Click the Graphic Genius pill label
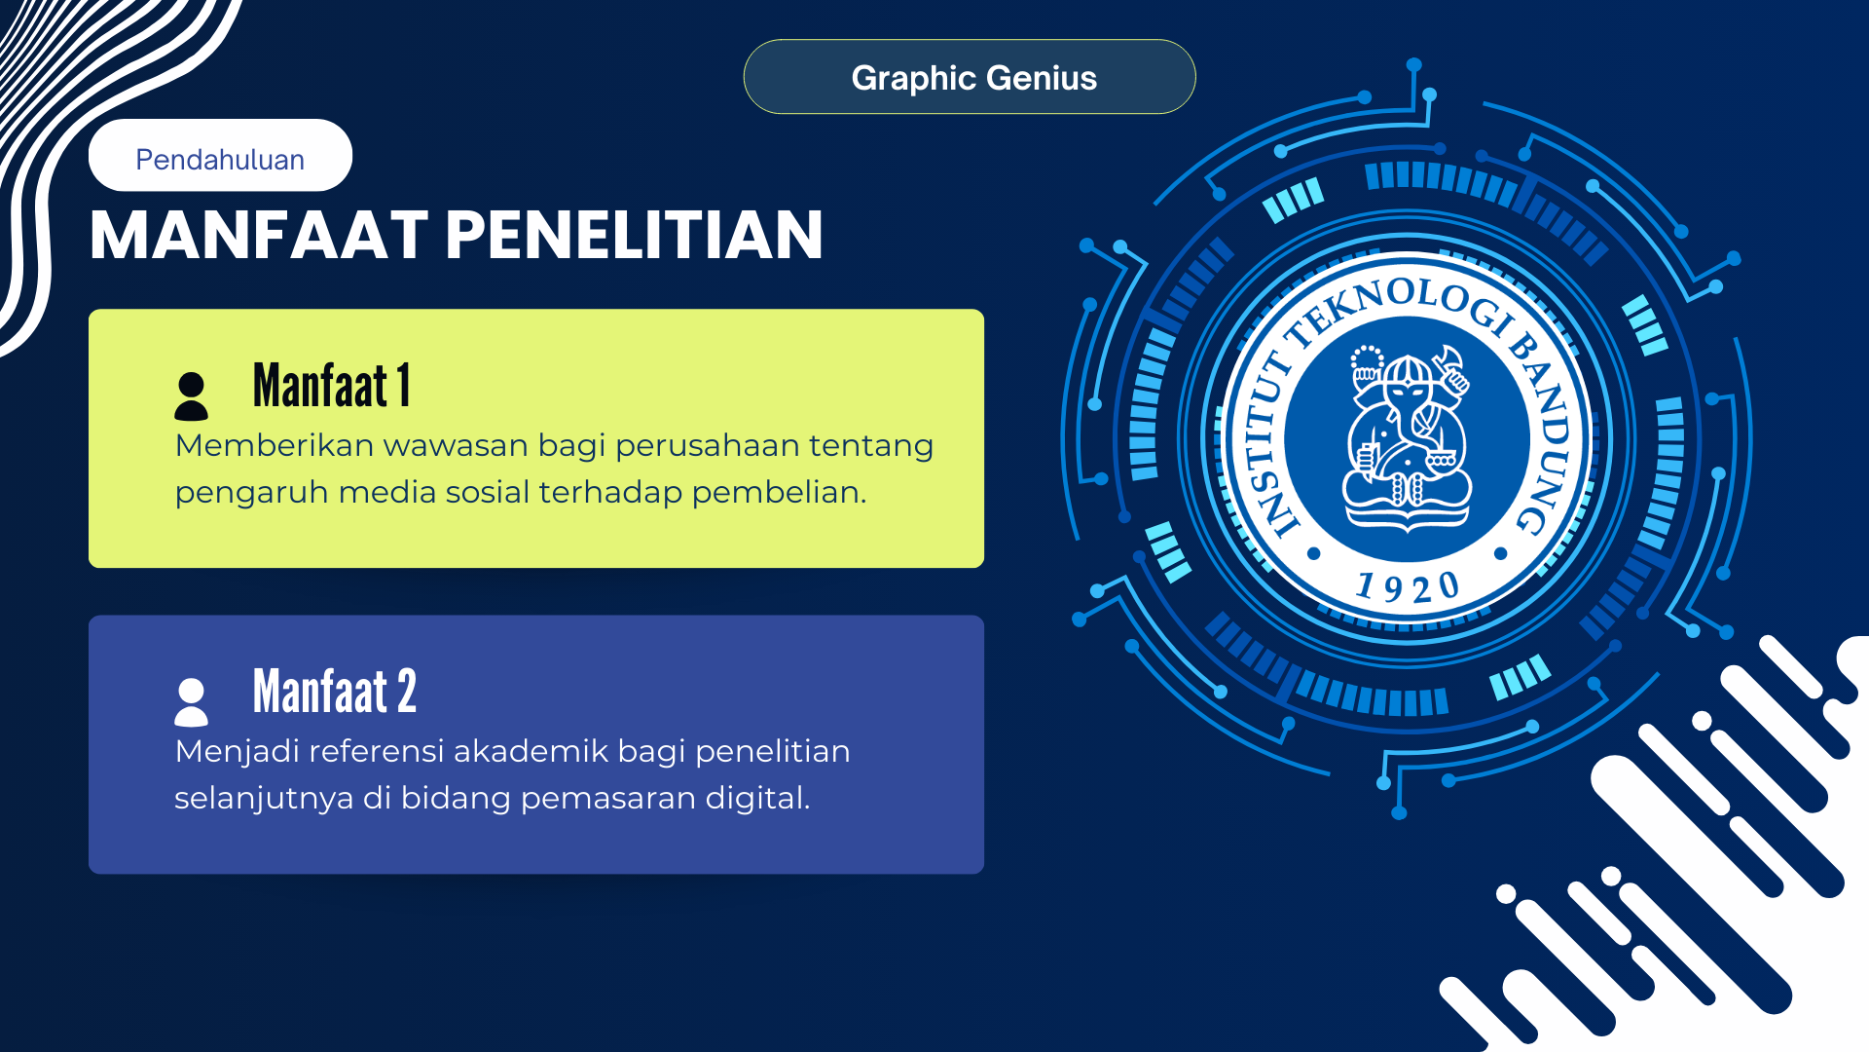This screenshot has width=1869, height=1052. pos(973,78)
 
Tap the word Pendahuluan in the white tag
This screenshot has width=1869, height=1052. pos(220,159)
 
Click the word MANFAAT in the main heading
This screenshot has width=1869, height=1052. pos(259,236)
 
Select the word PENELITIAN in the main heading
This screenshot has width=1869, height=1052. pos(635,236)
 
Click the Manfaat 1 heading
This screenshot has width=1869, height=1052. pos(332,385)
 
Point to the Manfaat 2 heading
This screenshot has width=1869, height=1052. pos(335,691)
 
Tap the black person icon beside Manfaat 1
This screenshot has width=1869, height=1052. pos(191,395)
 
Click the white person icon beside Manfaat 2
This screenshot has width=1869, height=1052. pos(191,701)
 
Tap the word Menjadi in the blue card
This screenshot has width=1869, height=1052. pos(237,751)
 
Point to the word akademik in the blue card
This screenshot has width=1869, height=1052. pos(530,751)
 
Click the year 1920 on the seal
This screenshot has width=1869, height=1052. pos(1408,586)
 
